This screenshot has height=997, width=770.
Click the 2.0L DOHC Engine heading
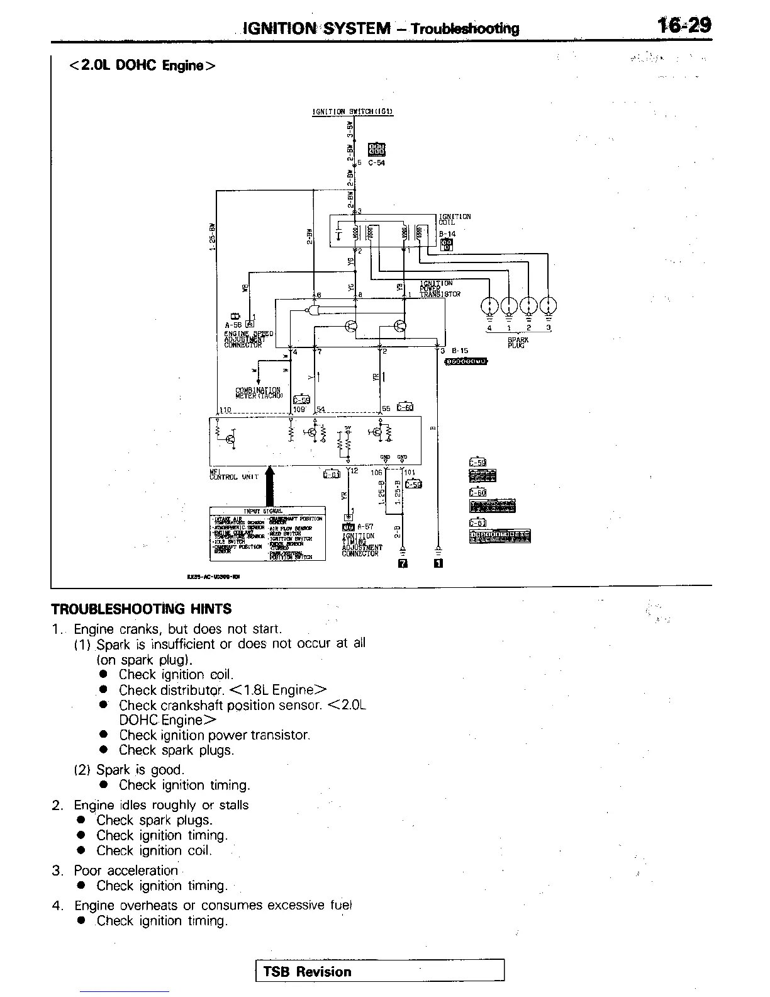142,65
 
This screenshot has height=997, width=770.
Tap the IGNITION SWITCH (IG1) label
352,112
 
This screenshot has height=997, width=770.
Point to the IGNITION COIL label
455,219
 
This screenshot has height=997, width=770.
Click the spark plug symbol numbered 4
489,306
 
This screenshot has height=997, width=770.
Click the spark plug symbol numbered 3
549,306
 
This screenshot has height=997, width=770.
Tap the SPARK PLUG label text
518,342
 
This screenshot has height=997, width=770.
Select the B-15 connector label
459,351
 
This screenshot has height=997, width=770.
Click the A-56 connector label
233,325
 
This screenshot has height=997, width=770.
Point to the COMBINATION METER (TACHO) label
259,393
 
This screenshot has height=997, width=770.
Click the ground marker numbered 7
403,563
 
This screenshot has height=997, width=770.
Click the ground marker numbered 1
438,563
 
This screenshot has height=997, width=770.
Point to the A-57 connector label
365,527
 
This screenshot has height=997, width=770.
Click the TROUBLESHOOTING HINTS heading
141,609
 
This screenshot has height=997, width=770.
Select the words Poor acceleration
126,870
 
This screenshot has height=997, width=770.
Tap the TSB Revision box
380,971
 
